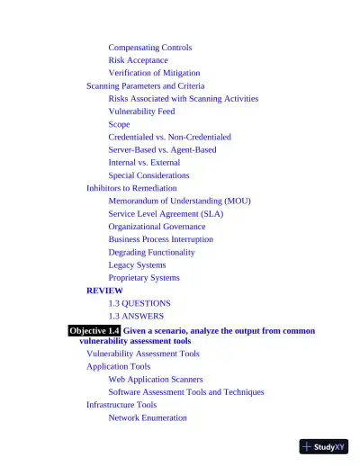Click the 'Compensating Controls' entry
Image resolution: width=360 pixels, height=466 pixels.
(149, 48)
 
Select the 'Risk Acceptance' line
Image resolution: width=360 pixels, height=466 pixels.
(138, 60)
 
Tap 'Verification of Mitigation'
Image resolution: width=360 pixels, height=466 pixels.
(154, 73)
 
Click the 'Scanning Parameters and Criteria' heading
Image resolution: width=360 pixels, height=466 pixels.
(145, 85)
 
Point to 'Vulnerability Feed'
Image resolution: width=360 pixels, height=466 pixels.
(141, 112)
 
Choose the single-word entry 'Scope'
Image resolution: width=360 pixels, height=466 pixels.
(119, 124)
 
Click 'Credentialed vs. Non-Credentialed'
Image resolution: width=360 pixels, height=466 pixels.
(169, 137)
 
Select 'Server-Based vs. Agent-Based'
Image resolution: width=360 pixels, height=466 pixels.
(162, 149)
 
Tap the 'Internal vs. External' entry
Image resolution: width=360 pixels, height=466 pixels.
(144, 163)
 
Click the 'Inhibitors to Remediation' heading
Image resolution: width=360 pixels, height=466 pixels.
(131, 188)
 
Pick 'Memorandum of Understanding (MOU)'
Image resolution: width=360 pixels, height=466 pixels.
(179, 201)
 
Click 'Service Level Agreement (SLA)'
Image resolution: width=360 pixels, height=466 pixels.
(166, 214)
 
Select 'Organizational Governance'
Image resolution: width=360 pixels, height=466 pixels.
(157, 227)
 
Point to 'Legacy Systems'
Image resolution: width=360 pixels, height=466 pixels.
(137, 265)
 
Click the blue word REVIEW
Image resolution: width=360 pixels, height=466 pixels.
(104, 291)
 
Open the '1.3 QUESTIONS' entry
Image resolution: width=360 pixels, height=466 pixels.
(139, 304)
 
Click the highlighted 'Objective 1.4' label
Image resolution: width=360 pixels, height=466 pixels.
(94, 331)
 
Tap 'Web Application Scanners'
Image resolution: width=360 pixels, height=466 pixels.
(156, 380)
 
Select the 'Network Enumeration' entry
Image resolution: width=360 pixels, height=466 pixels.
(148, 417)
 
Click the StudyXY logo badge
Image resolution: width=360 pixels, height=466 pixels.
(324, 446)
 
